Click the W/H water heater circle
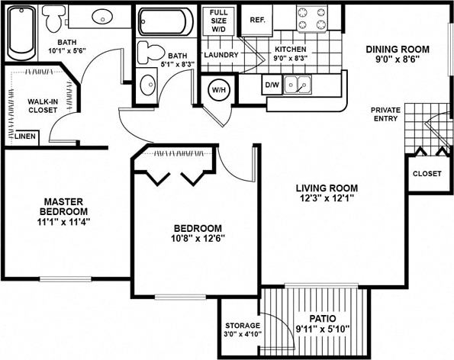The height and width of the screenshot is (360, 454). (x=219, y=90)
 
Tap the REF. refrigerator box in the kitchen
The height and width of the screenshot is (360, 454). (x=256, y=19)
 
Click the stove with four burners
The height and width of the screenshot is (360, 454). (x=312, y=19)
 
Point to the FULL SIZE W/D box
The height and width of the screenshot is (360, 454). (x=219, y=19)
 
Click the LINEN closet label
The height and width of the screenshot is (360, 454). (x=25, y=137)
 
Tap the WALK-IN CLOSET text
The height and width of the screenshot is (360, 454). (x=40, y=105)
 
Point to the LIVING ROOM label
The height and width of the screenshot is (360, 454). (x=328, y=188)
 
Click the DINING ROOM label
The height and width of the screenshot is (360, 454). (x=398, y=49)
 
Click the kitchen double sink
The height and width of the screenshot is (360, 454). (x=298, y=85)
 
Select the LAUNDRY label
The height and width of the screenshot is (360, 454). (x=221, y=55)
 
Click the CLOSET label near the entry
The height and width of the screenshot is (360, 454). (x=427, y=173)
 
